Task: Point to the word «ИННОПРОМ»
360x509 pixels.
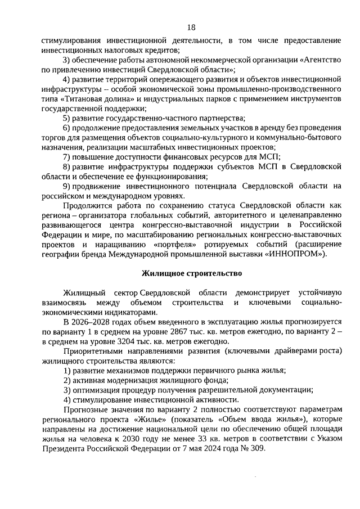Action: pos(296,254)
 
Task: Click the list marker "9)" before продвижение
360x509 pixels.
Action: pos(66,186)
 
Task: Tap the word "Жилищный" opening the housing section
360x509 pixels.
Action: pos(82,292)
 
